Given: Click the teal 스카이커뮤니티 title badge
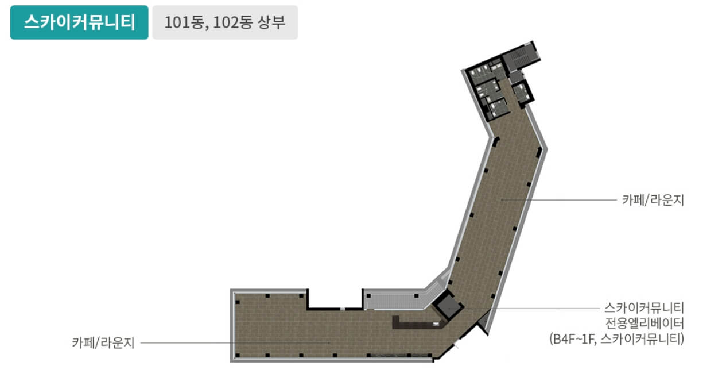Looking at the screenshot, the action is [x=79, y=22].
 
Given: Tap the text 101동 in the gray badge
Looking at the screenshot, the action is [x=184, y=23].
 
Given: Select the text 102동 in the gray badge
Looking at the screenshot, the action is [x=232, y=23].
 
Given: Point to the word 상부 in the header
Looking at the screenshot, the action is [x=271, y=22].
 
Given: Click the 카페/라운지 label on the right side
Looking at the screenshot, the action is [x=653, y=200].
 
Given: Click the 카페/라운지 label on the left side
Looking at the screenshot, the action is [x=103, y=342].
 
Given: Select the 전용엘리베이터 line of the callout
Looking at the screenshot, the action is [x=645, y=324].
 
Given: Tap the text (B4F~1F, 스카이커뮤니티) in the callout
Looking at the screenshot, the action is [x=617, y=339].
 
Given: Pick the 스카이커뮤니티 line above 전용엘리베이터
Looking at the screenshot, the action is [x=644, y=307].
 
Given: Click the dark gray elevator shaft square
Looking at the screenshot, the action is [x=449, y=306].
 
